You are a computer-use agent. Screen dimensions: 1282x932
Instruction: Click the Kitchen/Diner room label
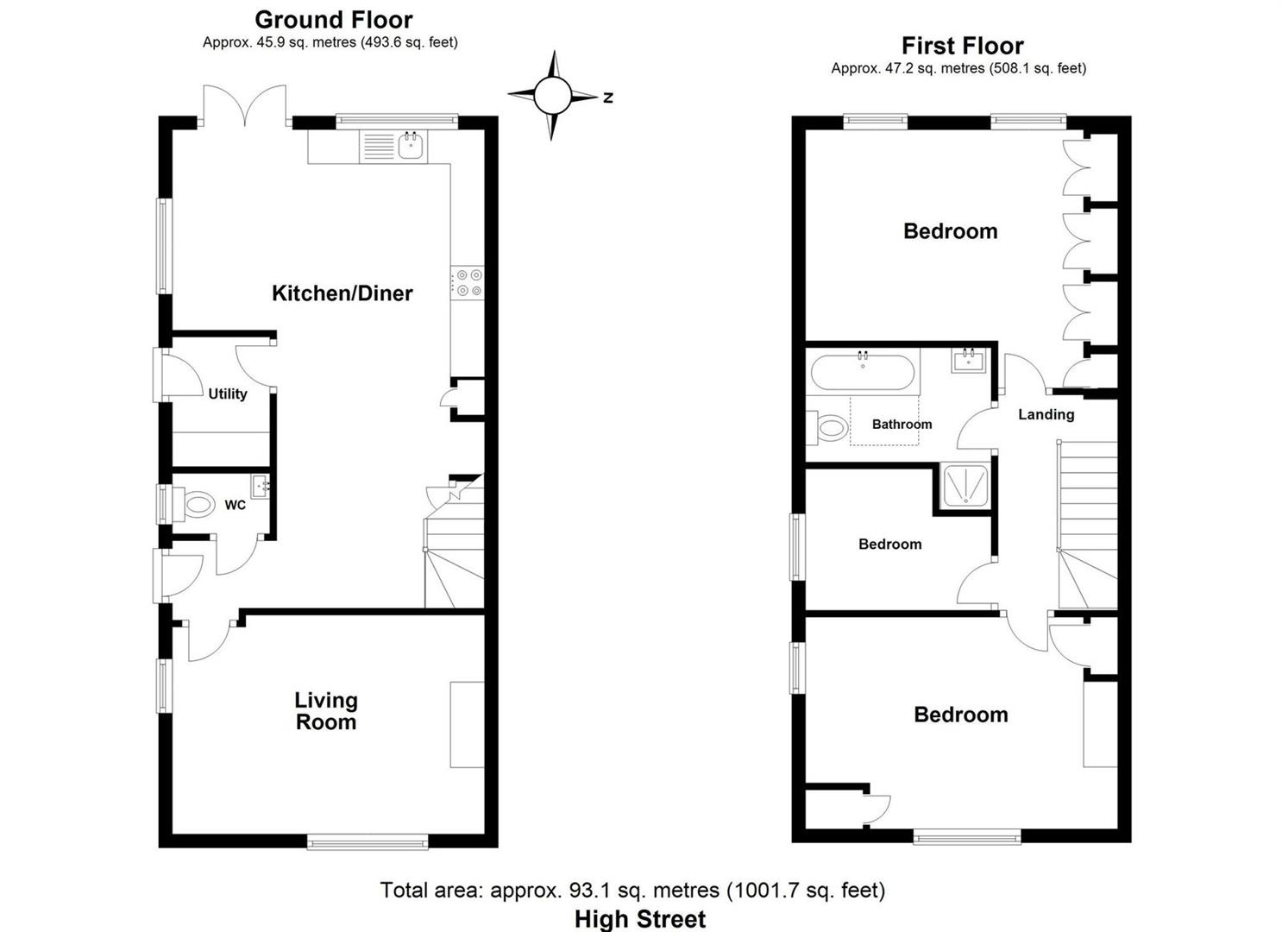pos(342,293)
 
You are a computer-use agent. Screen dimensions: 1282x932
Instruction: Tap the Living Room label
pos(325,712)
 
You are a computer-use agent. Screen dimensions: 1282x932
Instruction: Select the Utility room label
pos(228,394)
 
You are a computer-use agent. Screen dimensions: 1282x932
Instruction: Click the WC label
pos(235,505)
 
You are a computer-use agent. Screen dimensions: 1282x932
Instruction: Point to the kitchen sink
pos(411,147)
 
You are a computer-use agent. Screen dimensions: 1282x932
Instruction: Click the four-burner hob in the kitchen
pos(467,284)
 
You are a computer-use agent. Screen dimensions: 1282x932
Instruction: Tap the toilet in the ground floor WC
pos(197,504)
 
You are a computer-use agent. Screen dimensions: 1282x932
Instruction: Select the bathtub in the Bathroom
pos(862,373)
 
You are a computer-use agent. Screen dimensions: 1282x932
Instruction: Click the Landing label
pos(1046,414)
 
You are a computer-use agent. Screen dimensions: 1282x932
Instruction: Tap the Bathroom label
pos(902,425)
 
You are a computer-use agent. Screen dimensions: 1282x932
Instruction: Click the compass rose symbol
pos(552,96)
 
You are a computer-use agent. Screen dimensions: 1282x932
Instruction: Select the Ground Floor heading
pos(333,19)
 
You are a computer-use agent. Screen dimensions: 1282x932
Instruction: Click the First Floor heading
pos(962,45)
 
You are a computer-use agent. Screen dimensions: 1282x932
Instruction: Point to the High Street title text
pos(640,919)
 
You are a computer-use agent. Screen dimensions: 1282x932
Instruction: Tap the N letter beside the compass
pos(608,98)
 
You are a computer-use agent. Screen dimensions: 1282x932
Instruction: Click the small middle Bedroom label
pos(889,544)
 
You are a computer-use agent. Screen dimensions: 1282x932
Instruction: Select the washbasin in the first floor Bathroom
pos(967,360)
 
